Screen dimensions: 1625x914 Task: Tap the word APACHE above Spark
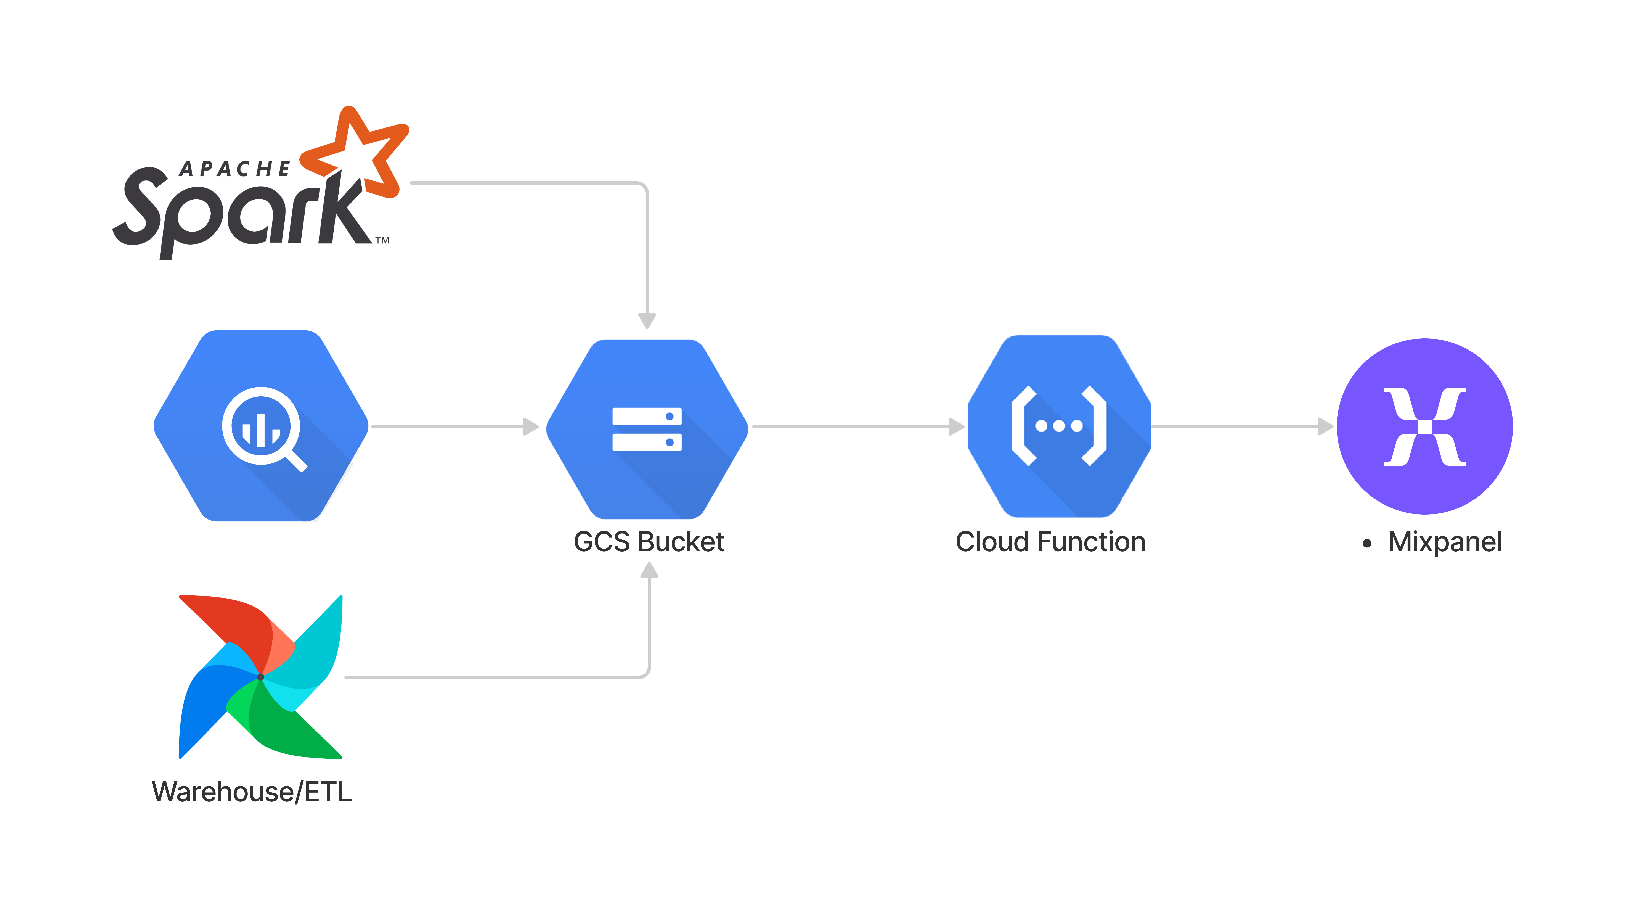pyautogui.click(x=235, y=169)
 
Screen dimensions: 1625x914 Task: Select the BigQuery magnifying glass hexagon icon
pyautogui.click(x=261, y=426)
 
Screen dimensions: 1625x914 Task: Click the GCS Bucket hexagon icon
pyautogui.click(x=647, y=429)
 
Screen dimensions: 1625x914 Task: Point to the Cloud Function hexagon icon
pyautogui.click(x=1059, y=426)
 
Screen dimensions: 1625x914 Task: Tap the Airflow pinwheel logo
pyautogui.click(x=260, y=677)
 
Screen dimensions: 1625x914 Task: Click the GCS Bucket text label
pyautogui.click(x=649, y=542)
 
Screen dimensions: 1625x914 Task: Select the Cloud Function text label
pyautogui.click(x=1050, y=542)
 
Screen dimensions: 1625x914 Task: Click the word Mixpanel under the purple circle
pyautogui.click(x=1445, y=542)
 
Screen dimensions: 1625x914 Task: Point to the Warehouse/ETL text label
pyautogui.click(x=252, y=792)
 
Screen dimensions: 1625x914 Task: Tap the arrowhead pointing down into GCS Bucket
pyautogui.click(x=647, y=321)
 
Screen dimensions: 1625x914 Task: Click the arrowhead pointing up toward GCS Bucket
pyautogui.click(x=649, y=570)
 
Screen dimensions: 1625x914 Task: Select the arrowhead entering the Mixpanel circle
pyautogui.click(x=1326, y=427)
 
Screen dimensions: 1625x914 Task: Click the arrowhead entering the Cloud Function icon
pyautogui.click(x=957, y=427)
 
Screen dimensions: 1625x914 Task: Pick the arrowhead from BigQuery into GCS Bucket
pyautogui.click(x=531, y=427)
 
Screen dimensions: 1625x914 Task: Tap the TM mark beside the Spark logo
pyautogui.click(x=383, y=240)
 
